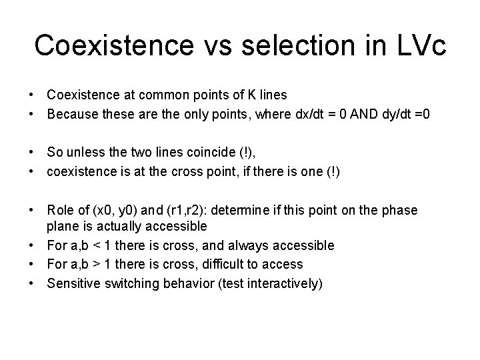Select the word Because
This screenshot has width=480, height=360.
pos(72,115)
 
